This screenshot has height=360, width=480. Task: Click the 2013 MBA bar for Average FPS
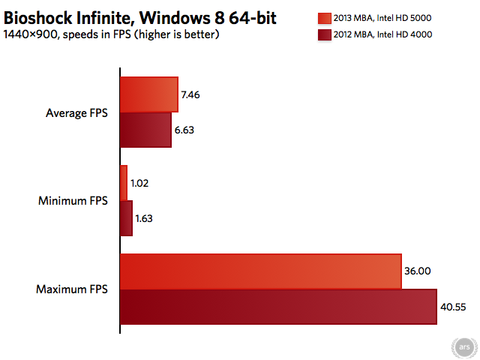(149, 94)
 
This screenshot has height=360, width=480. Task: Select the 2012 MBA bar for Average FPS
(146, 130)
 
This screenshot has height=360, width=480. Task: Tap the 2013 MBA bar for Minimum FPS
(124, 183)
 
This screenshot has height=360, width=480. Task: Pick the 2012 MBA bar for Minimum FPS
(127, 218)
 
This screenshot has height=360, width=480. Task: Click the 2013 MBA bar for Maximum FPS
(261, 271)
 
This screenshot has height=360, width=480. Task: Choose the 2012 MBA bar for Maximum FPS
(278, 307)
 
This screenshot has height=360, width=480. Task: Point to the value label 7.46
(190, 95)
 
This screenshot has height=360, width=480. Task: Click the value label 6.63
(184, 130)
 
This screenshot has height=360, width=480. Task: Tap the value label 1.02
(139, 183)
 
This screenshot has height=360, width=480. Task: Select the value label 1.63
(144, 218)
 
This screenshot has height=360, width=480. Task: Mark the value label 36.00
(418, 271)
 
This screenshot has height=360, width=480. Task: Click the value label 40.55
(453, 307)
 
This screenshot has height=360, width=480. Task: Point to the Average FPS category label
(76, 113)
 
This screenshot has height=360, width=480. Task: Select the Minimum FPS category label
(73, 201)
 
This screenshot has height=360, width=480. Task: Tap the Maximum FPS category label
(72, 289)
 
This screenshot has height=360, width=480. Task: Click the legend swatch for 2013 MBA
(325, 18)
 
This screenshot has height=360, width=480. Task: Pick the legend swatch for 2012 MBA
(325, 35)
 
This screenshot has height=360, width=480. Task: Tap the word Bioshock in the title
(38, 18)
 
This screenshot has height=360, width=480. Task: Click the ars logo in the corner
(464, 347)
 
